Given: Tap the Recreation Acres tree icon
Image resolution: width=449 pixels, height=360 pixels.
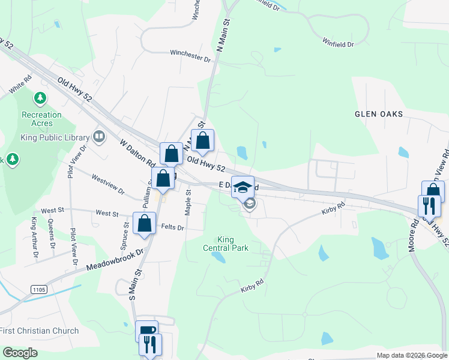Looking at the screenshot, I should tap(41, 97).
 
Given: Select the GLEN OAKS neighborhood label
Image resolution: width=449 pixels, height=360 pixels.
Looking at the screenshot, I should tap(378, 114).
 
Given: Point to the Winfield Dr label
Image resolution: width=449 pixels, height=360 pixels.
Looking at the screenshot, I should tap(338, 44).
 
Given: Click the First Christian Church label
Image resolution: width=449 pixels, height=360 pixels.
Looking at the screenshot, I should tap(40, 331).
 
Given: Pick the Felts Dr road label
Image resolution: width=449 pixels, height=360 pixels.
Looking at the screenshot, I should tap(173, 227).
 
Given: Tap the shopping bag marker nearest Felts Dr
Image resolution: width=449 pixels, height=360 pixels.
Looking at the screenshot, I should tap(145, 224).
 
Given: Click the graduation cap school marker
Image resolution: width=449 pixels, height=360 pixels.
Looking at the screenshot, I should tap(243, 187).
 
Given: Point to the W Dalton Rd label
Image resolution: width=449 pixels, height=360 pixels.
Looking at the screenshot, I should tap(137, 154).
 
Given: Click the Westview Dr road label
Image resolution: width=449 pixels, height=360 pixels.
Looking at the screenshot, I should tap(107, 185).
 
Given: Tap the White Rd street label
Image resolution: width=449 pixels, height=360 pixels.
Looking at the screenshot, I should tap(20, 85).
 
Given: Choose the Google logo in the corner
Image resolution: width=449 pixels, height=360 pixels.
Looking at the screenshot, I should tap(20, 353).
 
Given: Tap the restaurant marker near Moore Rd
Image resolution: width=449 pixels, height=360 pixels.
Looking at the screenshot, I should tap(429, 206).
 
